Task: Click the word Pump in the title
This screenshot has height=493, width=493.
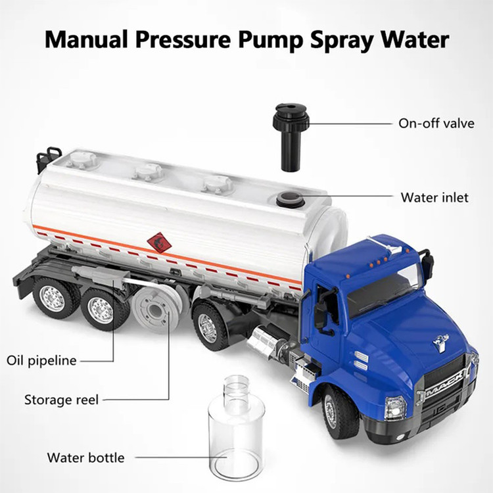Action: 271,41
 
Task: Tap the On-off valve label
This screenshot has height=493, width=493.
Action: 436,124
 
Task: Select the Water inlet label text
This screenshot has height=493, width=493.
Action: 434,197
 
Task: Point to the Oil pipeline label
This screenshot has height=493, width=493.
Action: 41,361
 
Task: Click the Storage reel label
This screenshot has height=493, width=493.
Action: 61,400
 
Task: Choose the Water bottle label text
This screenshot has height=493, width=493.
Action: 86,458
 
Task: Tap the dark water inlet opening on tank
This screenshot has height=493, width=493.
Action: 290,200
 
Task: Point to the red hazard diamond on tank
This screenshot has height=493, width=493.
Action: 160,243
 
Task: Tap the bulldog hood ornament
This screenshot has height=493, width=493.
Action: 441,341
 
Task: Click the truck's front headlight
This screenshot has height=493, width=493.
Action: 395,408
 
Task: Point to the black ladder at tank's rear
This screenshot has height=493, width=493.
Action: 48,159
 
